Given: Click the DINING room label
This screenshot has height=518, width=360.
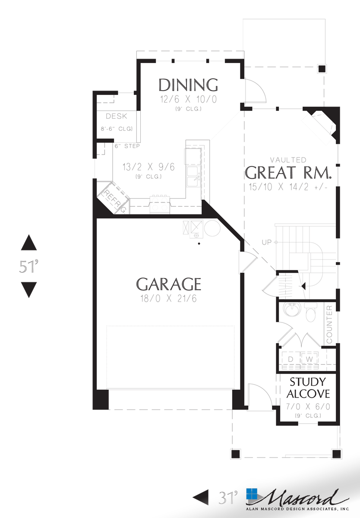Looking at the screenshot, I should [188, 85].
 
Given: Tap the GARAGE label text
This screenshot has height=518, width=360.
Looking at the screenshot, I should [169, 284].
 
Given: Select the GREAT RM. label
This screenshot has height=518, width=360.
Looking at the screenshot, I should [288, 173].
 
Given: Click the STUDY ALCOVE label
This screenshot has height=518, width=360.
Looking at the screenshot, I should [308, 388].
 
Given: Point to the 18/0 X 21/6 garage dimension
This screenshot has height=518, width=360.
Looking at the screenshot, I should [168, 298].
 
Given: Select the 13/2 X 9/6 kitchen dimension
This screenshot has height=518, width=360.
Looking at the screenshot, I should [148, 167].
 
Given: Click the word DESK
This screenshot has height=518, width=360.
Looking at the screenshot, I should [117, 117].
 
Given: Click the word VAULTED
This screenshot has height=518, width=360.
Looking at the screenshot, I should [288, 160].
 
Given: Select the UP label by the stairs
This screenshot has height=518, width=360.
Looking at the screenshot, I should [266, 243].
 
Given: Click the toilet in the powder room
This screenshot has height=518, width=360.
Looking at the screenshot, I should [311, 313].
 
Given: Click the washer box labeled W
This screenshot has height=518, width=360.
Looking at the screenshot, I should [309, 359].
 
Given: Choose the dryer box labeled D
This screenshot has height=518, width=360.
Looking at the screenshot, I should [291, 359].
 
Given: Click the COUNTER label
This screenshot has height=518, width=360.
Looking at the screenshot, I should [329, 325].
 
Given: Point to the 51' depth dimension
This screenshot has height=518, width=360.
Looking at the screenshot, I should [29, 266].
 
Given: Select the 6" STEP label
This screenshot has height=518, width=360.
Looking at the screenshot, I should [127, 146].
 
